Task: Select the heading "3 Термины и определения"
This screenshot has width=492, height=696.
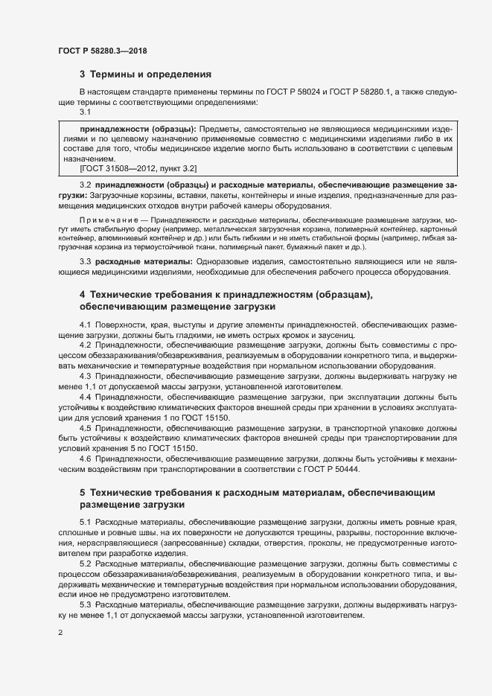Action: click(x=146, y=74)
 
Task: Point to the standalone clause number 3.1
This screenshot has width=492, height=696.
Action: click(x=85, y=111)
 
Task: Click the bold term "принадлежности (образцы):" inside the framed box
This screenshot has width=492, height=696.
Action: click(x=138, y=129)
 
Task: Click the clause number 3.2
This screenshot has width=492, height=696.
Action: click(x=85, y=183)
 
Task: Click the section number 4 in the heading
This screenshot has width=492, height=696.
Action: click(x=83, y=295)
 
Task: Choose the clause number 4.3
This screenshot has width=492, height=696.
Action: click(x=85, y=377)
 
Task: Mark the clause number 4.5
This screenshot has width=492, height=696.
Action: click(x=85, y=430)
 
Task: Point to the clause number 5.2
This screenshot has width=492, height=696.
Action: click(x=85, y=564)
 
